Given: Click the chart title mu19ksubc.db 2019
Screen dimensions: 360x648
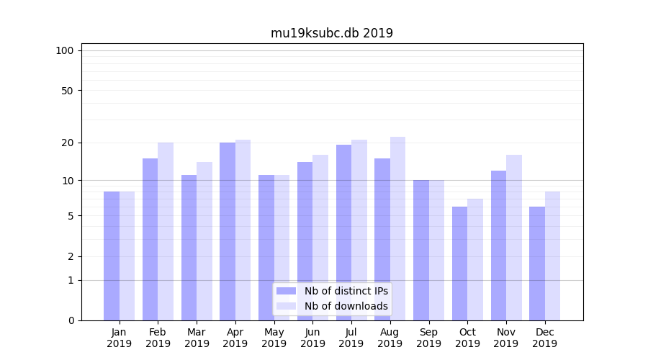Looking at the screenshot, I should click(x=331, y=33).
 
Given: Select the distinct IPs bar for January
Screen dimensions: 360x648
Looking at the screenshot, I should click(x=112, y=256).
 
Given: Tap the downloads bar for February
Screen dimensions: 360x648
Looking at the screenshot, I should click(x=166, y=231).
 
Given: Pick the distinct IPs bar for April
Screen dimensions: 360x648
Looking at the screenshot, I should click(x=228, y=231).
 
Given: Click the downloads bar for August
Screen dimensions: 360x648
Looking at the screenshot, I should click(x=397, y=228).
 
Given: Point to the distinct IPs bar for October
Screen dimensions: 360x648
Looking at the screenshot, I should click(x=459, y=264).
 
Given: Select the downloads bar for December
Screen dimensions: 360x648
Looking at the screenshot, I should click(x=552, y=256).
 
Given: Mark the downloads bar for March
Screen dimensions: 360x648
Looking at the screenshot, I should click(x=204, y=241).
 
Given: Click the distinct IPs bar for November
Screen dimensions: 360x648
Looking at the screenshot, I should click(x=498, y=246).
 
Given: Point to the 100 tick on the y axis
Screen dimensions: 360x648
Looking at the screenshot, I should click(x=65, y=50).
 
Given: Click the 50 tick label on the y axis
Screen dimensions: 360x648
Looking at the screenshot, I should click(x=67, y=91).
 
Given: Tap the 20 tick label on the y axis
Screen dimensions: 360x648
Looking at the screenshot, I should click(x=67, y=143).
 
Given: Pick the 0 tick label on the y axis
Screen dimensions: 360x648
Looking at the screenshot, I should click(x=70, y=320).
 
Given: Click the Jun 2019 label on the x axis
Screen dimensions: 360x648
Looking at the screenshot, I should click(x=312, y=338).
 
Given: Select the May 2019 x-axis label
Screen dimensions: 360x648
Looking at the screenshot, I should click(x=274, y=338).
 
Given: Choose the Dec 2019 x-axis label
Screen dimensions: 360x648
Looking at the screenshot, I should click(x=544, y=338).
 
